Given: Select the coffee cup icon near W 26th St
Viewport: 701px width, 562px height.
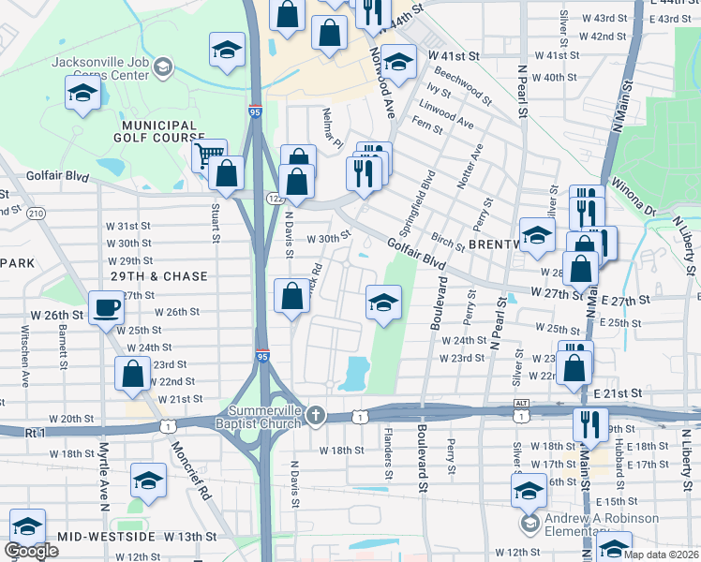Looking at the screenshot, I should (106, 308).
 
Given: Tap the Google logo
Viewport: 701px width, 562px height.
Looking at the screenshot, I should (30, 551).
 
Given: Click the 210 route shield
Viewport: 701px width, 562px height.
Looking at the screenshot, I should (36, 214).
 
